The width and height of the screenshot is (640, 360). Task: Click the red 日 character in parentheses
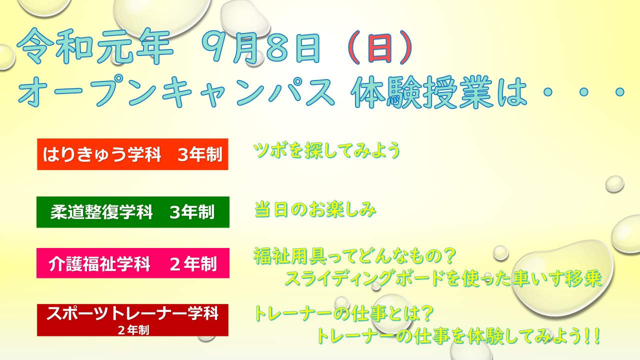click(x=379, y=48)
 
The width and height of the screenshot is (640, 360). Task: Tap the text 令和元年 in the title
click(x=95, y=46)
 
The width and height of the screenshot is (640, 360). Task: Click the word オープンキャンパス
click(x=176, y=90)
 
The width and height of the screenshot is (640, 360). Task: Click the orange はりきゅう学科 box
click(x=132, y=154)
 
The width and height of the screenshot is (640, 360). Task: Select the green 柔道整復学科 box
click(x=133, y=212)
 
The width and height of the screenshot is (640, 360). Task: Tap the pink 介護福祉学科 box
click(x=133, y=263)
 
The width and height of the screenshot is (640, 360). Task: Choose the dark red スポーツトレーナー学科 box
click(x=132, y=320)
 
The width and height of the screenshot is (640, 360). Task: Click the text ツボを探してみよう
click(x=327, y=150)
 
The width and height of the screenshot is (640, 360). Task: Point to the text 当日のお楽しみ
click(x=315, y=209)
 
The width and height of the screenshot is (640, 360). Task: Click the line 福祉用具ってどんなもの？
click(x=354, y=256)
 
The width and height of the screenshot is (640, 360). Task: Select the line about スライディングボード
click(x=443, y=278)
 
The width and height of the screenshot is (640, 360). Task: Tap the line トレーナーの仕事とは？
click(x=343, y=313)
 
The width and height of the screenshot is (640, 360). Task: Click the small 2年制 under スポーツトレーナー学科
click(x=133, y=330)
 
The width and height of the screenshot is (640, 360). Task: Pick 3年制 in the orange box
click(x=200, y=154)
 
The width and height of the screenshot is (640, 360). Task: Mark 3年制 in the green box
click(x=192, y=212)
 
